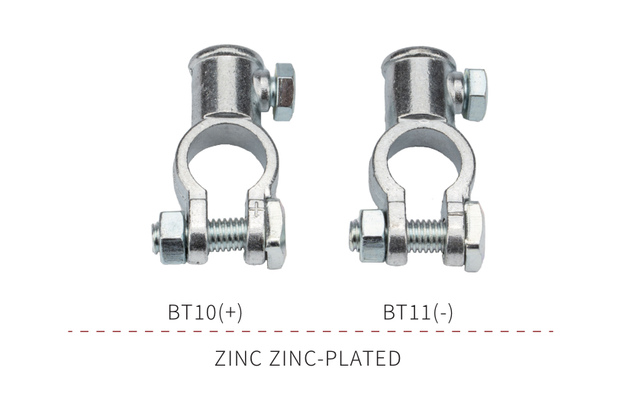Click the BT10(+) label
click(205, 312)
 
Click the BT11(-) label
click(418, 312)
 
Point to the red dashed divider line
click(311, 331)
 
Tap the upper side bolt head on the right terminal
click(475, 93)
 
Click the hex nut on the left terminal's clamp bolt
click(174, 237)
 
